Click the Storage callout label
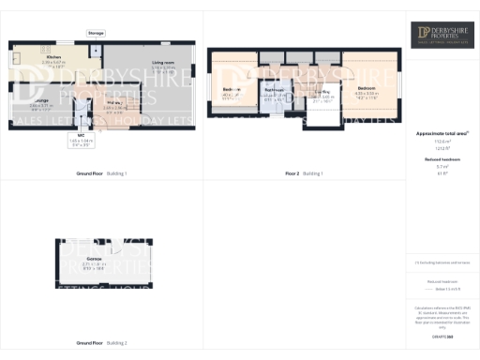97,33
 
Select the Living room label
164,65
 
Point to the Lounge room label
42,99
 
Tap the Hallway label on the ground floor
110,106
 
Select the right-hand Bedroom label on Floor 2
367,90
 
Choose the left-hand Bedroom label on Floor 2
232,91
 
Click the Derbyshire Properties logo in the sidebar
442,36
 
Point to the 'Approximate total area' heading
442,134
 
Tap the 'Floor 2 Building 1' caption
304,173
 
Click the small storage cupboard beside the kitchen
97,48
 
